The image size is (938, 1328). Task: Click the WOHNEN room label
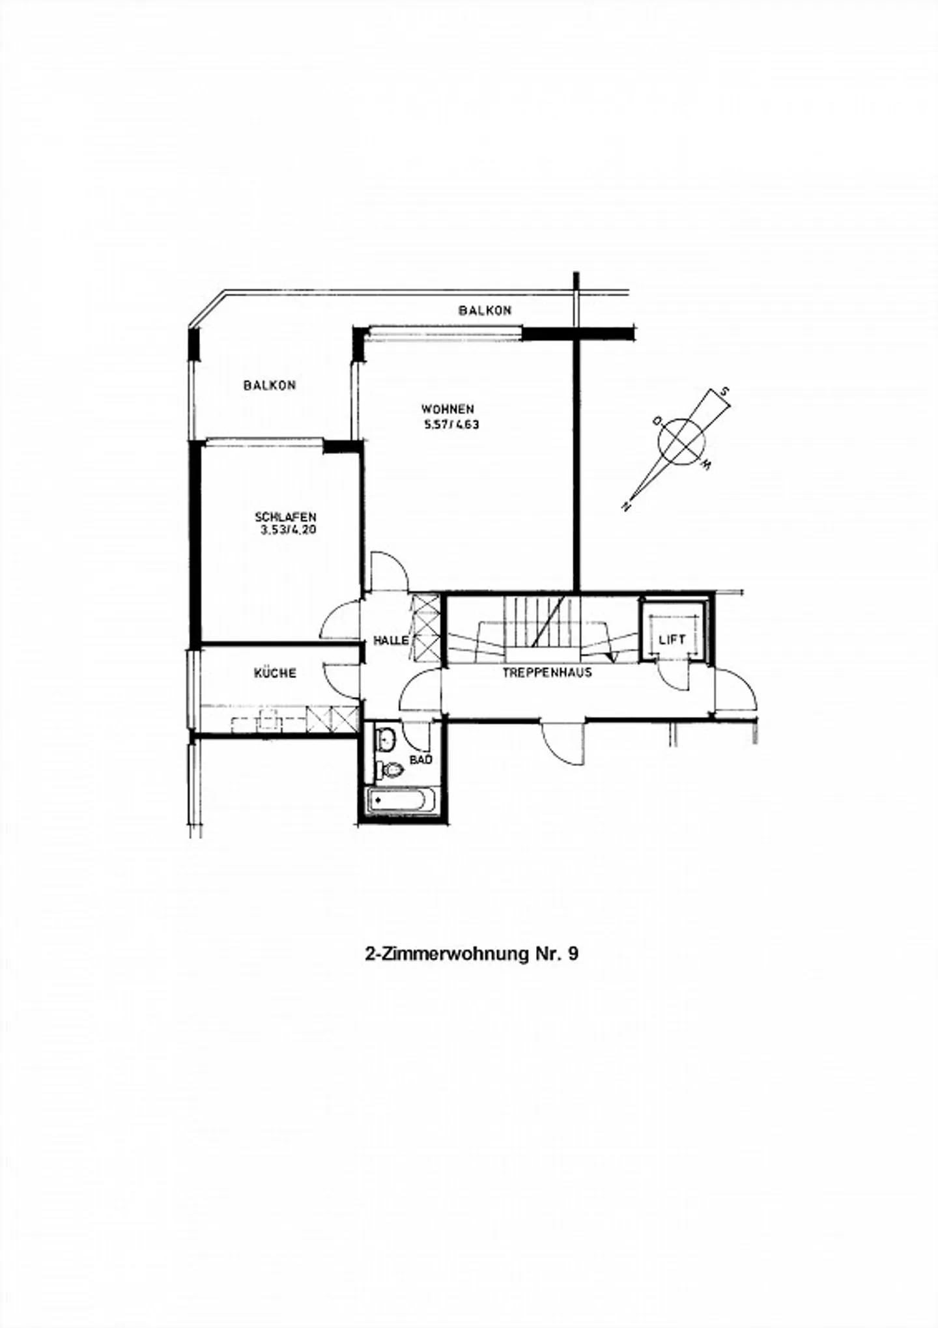click(447, 410)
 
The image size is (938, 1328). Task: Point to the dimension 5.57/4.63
click(451, 425)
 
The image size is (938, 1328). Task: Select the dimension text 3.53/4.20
click(288, 530)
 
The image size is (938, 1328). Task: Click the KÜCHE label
click(275, 672)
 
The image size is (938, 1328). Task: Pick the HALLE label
click(391, 640)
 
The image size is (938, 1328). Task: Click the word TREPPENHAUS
click(547, 673)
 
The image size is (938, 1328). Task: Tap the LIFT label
click(672, 640)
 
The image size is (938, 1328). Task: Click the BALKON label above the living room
click(485, 311)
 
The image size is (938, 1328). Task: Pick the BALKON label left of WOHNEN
click(270, 386)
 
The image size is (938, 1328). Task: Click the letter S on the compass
click(724, 392)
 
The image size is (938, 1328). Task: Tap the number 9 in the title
click(573, 954)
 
